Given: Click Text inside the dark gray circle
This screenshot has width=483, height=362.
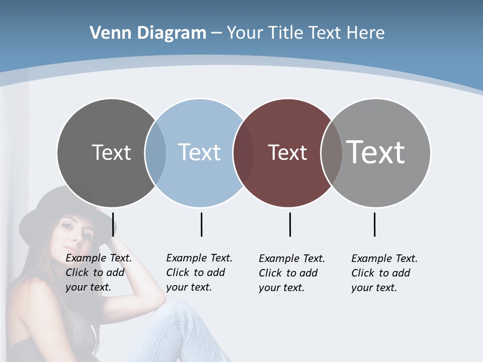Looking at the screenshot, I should (111, 152).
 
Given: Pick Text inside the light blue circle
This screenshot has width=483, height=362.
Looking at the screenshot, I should (200, 152).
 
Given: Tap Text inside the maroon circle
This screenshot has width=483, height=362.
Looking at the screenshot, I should (287, 152).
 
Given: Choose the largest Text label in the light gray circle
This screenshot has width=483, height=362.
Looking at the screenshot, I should (376, 152).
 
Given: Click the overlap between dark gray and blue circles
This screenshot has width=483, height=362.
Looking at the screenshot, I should (155, 152).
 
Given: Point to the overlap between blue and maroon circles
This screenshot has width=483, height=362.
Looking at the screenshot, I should (244, 152).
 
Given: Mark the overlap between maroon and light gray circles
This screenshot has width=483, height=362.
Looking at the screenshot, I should (332, 152).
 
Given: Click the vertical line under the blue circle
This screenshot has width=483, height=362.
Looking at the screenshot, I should (201, 224).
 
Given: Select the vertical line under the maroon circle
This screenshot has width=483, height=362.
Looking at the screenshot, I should (290, 224).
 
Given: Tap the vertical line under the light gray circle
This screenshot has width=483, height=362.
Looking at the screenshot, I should (374, 224).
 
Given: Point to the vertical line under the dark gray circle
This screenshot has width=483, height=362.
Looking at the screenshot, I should (113, 224).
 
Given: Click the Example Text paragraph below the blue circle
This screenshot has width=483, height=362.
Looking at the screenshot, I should (199, 273).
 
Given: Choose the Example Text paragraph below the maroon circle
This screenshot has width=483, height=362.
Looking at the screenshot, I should (291, 273).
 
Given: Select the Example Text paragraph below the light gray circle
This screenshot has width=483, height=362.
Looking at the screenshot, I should (384, 273).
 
